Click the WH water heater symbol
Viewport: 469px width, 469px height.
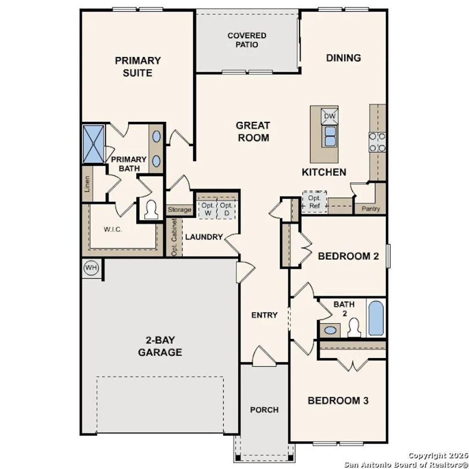point(91,268)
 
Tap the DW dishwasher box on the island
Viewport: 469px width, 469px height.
point(330,116)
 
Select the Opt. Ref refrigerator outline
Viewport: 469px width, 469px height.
point(314,202)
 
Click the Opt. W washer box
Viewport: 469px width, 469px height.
point(207,209)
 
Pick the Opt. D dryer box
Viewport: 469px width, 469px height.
point(226,209)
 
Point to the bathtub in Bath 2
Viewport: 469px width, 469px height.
point(376,318)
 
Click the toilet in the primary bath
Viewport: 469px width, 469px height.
point(150,210)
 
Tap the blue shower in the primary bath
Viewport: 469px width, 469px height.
point(93,143)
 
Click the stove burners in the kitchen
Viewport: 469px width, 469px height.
point(377,142)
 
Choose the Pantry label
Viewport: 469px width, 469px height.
point(371,209)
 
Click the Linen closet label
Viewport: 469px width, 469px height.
point(87,184)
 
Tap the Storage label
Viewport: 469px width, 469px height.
point(179,210)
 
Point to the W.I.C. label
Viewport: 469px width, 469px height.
point(113,229)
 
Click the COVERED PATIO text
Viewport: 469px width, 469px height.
point(247,40)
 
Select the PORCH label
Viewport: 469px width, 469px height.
point(264,409)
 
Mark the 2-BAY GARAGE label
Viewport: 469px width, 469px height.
point(160,346)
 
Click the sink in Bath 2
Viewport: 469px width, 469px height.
point(329,329)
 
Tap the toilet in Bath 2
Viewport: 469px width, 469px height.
point(354,327)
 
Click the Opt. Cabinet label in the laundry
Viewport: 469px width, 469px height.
point(174,237)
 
